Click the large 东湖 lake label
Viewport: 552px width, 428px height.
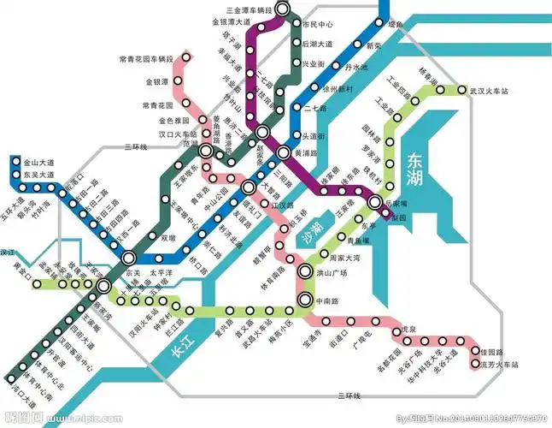415,168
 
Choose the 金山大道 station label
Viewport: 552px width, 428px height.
38,162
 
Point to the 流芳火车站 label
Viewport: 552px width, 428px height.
499,365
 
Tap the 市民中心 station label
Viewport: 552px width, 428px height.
317,25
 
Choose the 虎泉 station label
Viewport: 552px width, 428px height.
408,327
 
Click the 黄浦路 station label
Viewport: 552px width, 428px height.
305,153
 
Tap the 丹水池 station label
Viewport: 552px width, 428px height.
355,67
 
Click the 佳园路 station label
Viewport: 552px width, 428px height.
494,352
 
